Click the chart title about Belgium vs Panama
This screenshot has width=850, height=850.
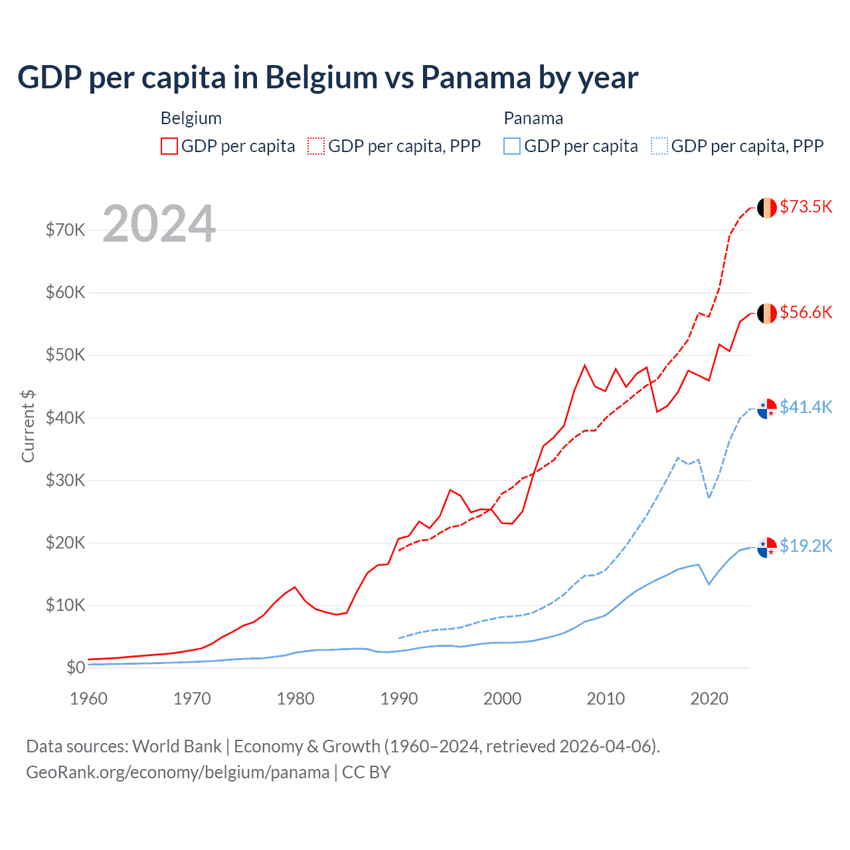pyautogui.click(x=327, y=78)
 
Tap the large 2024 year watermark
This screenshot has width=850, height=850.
pyautogui.click(x=159, y=224)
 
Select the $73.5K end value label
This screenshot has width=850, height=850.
pyautogui.click(x=806, y=207)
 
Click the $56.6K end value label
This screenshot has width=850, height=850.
pyautogui.click(x=806, y=312)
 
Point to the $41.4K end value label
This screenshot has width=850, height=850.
pyautogui.click(x=806, y=407)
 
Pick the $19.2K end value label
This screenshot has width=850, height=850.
pyautogui.click(x=806, y=546)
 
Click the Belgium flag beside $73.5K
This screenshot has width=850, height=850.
pyautogui.click(x=767, y=208)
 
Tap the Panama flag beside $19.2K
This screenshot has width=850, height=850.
pyautogui.click(x=767, y=548)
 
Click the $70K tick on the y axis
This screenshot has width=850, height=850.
pyautogui.click(x=65, y=230)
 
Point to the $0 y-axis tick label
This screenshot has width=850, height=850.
pyautogui.click(x=76, y=667)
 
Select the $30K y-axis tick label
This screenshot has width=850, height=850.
pyautogui.click(x=65, y=480)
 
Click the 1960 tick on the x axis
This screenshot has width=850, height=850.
pyautogui.click(x=88, y=699)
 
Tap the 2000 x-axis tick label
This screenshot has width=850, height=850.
pyautogui.click(x=503, y=699)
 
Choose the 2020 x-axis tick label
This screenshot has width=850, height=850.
pyautogui.click(x=709, y=699)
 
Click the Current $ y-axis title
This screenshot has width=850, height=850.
pyautogui.click(x=28, y=426)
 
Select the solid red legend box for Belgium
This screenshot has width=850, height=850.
pyautogui.click(x=169, y=146)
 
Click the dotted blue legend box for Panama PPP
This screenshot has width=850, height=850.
pyautogui.click(x=659, y=146)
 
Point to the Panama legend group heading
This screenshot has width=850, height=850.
pyautogui.click(x=533, y=118)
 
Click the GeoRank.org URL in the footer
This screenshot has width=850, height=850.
pyautogui.click(x=178, y=772)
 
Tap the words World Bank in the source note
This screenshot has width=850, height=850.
pyautogui.click(x=177, y=746)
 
